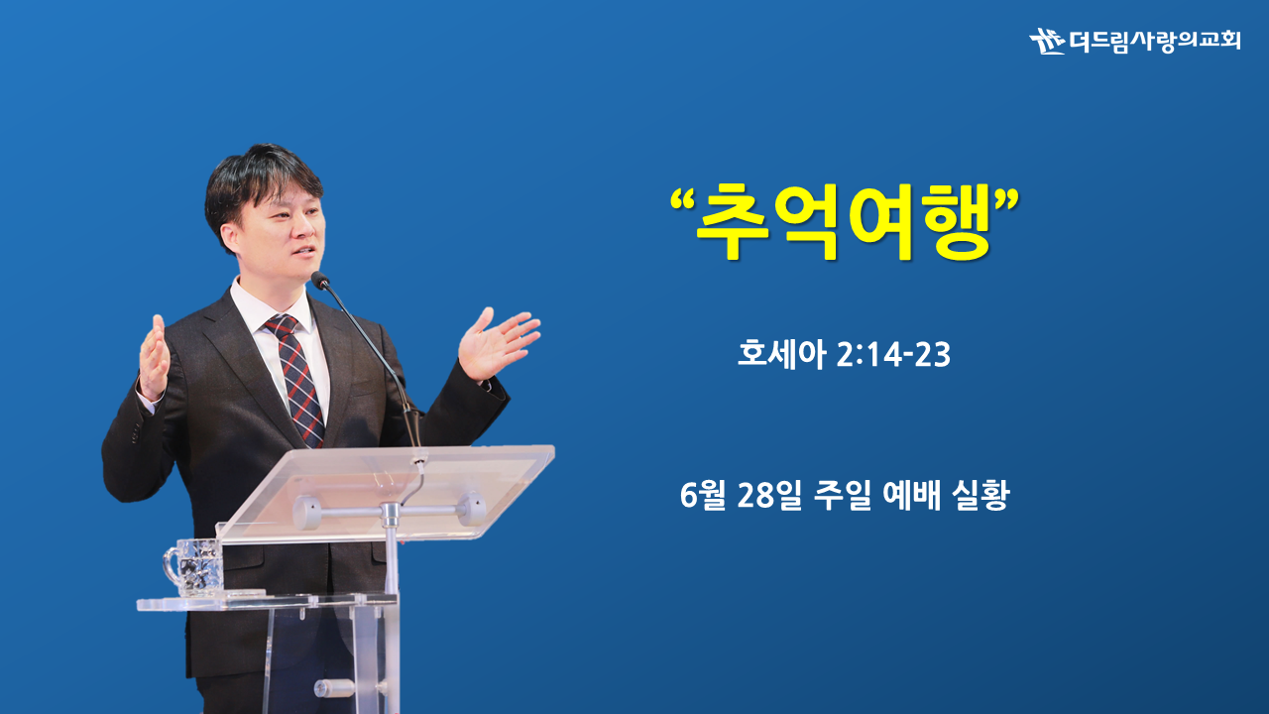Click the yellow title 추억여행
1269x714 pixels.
pyautogui.click(x=844, y=221)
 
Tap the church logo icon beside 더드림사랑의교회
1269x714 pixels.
pyautogui.click(x=1047, y=41)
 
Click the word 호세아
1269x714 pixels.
pyautogui.click(x=780, y=354)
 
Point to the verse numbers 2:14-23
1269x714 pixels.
pyautogui.click(x=893, y=355)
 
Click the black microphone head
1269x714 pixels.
pyautogui.click(x=319, y=280)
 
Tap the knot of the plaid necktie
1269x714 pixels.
pyautogui.click(x=281, y=326)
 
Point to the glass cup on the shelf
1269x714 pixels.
pyautogui.click(x=193, y=567)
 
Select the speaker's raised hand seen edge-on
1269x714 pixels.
pyautogui.click(x=154, y=357)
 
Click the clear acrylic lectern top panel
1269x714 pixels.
pyautogui.click(x=386, y=492)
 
